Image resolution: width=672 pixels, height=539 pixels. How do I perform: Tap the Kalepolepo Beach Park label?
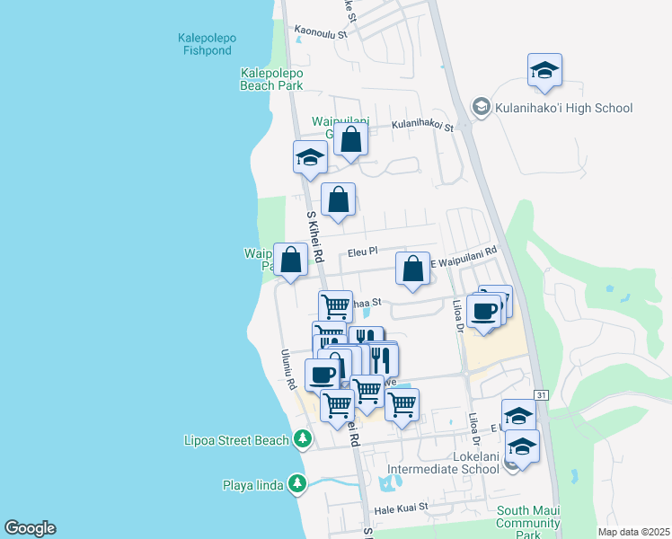pyautogui.click(x=271, y=79)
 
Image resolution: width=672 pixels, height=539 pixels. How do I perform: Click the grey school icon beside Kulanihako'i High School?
pyautogui.click(x=481, y=108)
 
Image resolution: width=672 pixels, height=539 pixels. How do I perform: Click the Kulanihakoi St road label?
pyautogui.click(x=422, y=126)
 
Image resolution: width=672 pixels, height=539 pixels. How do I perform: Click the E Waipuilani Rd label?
pyautogui.click(x=463, y=257)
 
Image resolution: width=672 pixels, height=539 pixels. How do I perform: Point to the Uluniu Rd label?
pyautogui.click(x=288, y=369)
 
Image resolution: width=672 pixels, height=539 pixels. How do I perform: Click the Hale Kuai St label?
pyautogui.click(x=402, y=508)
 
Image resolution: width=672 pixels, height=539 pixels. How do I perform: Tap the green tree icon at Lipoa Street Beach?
pyautogui.click(x=303, y=439)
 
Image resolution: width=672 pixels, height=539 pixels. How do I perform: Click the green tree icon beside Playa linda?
pyautogui.click(x=298, y=485)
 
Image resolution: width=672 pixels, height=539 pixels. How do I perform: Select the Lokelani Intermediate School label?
pyautogui.click(x=442, y=462)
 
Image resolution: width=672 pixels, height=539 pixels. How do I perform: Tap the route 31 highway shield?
pyautogui.click(x=540, y=394)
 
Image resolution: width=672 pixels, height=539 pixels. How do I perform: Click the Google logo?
pyautogui.click(x=30, y=528)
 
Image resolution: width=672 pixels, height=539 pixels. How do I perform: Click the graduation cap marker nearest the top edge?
pyautogui.click(x=544, y=72)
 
